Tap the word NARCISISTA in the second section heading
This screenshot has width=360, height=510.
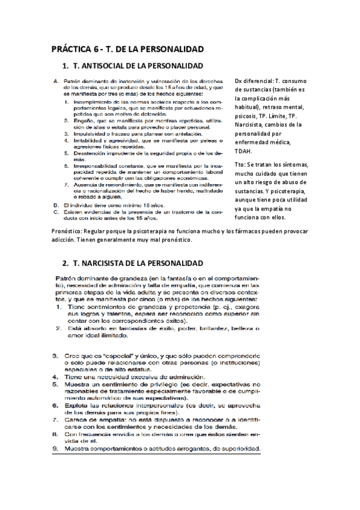click(x=106, y=263)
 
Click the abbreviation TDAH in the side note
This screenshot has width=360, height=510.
click(x=243, y=151)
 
